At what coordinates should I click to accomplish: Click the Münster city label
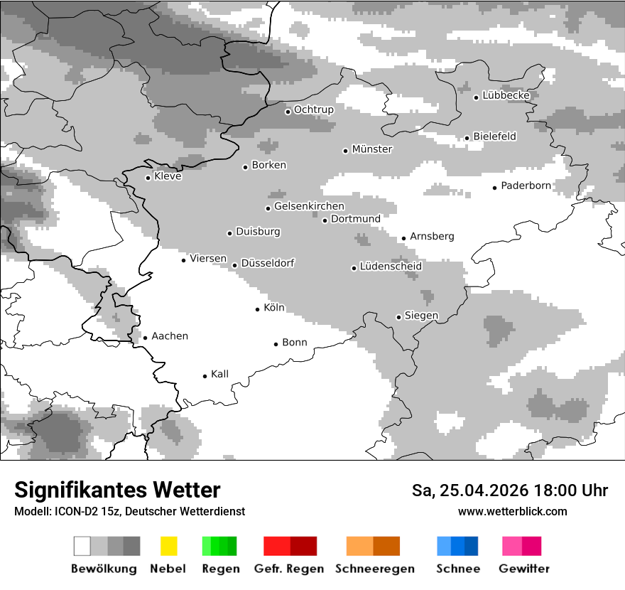[x=372, y=149]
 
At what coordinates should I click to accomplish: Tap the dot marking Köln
[x=258, y=309]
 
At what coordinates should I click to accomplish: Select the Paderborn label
[x=526, y=186]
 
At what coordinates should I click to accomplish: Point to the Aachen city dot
[x=146, y=338]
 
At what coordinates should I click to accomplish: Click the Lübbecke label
[x=506, y=95]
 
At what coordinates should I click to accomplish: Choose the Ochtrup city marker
[x=288, y=112]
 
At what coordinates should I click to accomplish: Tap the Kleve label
[x=168, y=176]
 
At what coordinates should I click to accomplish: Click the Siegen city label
[x=421, y=316]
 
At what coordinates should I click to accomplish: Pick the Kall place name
[x=219, y=374]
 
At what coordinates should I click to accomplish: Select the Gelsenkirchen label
[x=309, y=207]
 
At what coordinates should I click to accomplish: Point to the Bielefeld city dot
[x=467, y=139]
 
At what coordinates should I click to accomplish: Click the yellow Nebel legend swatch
[x=169, y=546]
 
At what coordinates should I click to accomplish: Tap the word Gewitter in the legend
[x=524, y=569]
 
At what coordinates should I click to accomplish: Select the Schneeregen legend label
[x=375, y=569]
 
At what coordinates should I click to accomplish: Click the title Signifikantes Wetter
[x=117, y=490]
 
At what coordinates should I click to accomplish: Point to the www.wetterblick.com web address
[x=513, y=512]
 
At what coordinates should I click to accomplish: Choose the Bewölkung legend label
[x=104, y=569]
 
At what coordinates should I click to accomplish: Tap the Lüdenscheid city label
[x=391, y=267]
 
